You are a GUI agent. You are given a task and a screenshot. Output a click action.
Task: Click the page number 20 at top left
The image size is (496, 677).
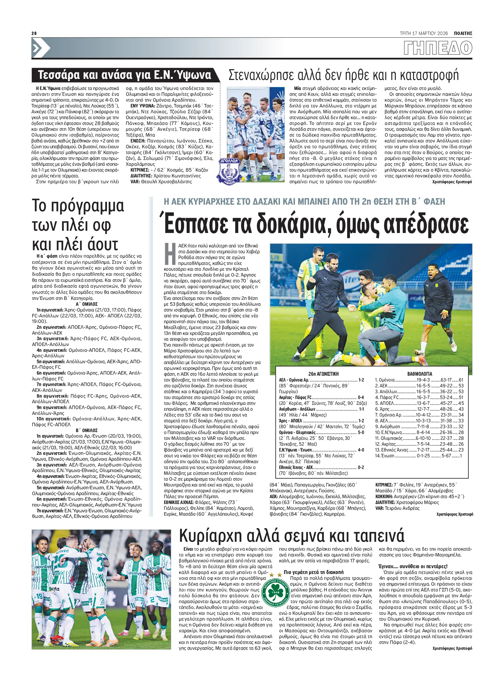34,33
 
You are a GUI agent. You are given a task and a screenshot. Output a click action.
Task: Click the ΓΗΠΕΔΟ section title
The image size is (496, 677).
438,48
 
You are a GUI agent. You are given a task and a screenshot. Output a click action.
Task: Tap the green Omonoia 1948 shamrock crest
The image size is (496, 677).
275,592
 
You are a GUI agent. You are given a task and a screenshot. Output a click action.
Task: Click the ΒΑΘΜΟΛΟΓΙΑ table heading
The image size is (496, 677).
419,374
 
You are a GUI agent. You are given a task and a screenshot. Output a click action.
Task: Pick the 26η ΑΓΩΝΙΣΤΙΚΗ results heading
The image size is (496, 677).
323,374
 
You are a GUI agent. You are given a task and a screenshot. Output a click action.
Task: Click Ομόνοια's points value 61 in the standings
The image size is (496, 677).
461,380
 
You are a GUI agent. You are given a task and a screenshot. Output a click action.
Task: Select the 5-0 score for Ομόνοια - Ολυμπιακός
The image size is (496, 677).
360,433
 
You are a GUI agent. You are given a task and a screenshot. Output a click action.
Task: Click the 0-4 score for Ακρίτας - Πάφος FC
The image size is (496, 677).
360,397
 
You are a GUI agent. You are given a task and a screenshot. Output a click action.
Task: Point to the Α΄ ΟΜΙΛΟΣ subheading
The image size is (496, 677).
86,304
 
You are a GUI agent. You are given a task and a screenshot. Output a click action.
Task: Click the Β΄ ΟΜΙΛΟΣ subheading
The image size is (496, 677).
86,430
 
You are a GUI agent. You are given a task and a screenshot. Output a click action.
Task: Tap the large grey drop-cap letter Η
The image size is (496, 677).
170,254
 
